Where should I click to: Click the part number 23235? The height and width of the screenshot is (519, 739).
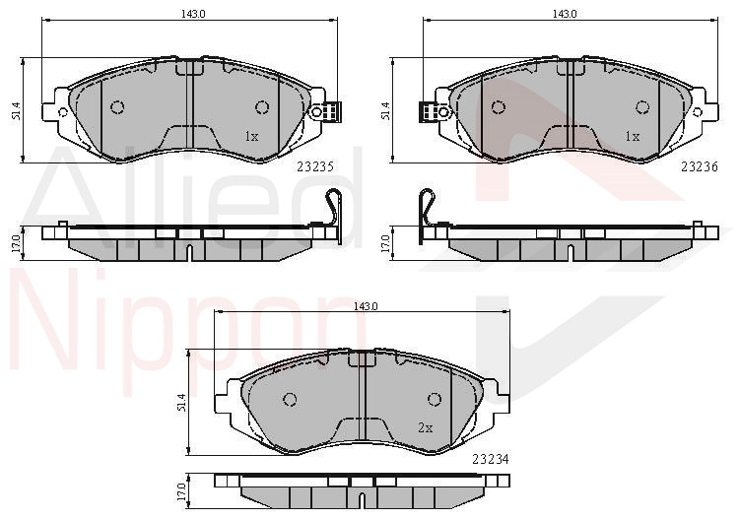pos(315,166)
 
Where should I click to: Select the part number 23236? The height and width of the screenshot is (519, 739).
pos(700,166)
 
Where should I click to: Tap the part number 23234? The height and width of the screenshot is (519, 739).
pos(491,459)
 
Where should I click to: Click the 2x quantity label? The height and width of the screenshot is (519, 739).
pos(425,427)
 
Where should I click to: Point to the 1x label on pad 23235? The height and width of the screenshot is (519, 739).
pos(251,137)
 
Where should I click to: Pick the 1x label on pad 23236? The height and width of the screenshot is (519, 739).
pos(632,137)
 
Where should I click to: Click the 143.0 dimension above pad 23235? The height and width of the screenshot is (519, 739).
pos(194,14)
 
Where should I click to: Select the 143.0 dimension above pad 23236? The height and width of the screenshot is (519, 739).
pos(565,14)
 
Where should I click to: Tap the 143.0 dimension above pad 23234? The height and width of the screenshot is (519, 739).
pos(367,306)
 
